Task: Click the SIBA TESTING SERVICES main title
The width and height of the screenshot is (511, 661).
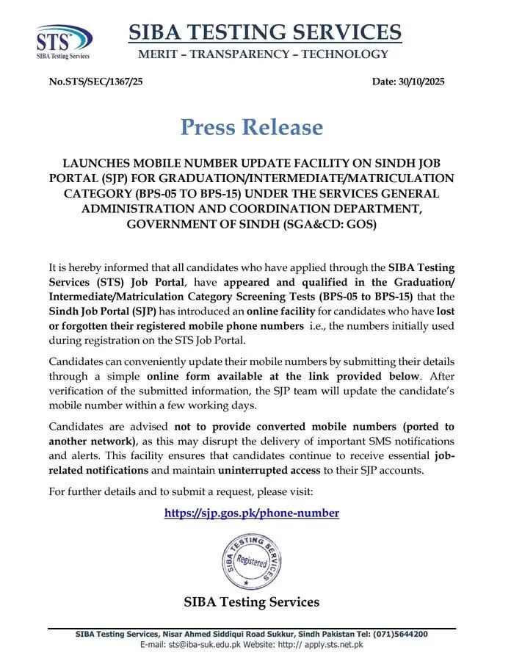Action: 265,32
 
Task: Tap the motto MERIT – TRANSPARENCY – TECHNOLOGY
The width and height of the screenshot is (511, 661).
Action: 264,54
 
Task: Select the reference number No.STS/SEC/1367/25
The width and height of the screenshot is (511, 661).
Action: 95,82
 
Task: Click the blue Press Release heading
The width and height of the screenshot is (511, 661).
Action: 252,127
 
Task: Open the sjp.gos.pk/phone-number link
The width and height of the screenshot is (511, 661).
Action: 252,513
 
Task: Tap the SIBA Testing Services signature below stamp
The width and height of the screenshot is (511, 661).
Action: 252,602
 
